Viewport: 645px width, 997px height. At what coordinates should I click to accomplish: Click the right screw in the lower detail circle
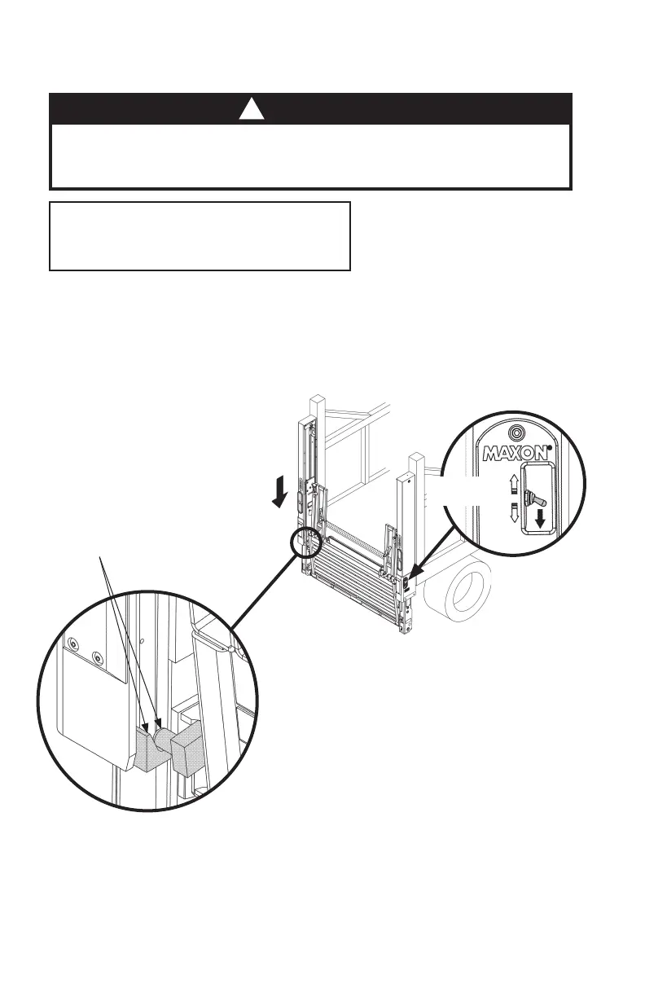(98, 657)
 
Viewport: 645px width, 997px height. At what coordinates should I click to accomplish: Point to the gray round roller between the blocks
(165, 740)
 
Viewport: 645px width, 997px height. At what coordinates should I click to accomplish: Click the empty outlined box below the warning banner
(200, 236)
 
